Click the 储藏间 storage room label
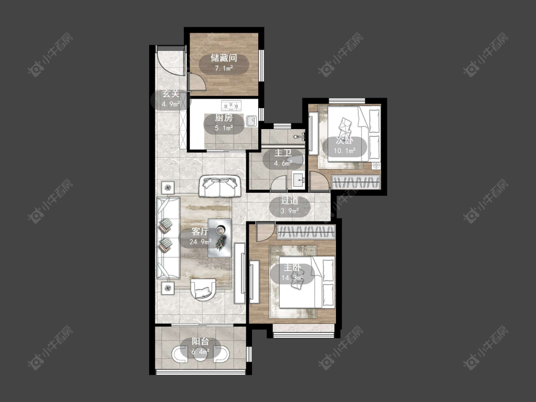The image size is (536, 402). (224, 58)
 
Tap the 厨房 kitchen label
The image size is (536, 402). (224, 118)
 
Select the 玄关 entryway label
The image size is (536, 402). (171, 94)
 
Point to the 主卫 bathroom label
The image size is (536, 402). (283, 153)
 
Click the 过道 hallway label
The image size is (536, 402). (290, 201)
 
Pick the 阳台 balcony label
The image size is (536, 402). (200, 341)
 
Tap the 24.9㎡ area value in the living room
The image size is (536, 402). (200, 242)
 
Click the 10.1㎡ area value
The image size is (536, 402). (344, 151)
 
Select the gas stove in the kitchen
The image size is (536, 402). (232, 106)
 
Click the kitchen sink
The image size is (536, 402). (251, 121)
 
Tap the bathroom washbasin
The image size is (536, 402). (298, 180)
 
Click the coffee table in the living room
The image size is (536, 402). (220, 238)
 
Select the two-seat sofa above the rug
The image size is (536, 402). (220, 186)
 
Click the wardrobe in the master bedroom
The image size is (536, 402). (306, 232)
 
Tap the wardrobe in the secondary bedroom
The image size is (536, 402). (356, 181)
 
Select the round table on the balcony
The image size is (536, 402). (200, 355)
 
